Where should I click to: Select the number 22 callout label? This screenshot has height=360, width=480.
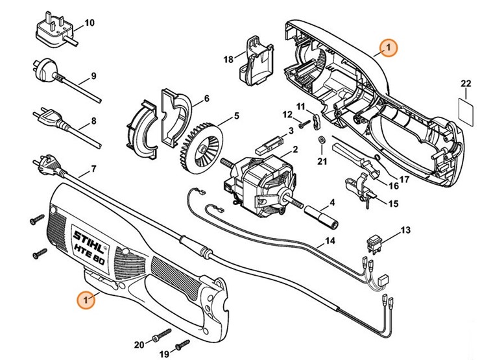coord(465,84)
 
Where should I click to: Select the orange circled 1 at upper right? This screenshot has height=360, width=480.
coord(388,47)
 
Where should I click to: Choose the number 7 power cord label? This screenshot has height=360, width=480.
coord(93,169)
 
